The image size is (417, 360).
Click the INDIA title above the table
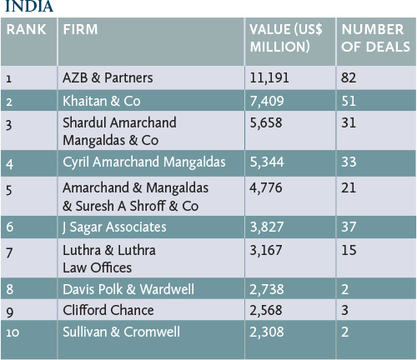point(29,6)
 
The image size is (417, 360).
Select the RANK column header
point(26,29)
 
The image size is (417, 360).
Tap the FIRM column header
point(80,29)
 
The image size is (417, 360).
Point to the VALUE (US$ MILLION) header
point(286,38)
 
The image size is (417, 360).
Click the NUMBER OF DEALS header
point(375,38)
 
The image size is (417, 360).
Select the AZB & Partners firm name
point(108,77)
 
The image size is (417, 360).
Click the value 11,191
point(269,77)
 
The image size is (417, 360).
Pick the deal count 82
point(349,77)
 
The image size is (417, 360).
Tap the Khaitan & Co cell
point(102,101)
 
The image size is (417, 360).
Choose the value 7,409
point(267,101)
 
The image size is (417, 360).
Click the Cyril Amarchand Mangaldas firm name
point(144,162)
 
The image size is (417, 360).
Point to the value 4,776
point(266,188)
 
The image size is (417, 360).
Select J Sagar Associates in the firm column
point(114,227)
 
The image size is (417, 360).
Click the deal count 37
point(349,227)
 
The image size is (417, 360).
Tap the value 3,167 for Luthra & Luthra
point(266,250)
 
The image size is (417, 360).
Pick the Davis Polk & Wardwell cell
point(128,289)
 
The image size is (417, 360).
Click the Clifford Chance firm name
point(108,310)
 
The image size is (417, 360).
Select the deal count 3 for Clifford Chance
point(344,310)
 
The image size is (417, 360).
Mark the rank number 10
point(13,332)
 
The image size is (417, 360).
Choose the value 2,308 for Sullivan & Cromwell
point(267,332)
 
